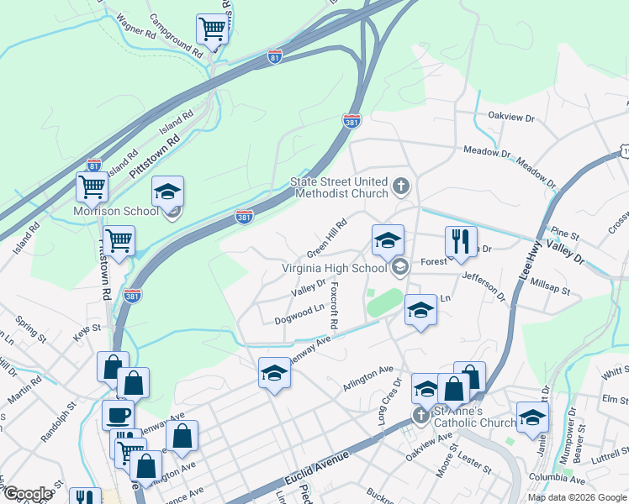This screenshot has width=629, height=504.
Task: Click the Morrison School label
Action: tap(116, 211)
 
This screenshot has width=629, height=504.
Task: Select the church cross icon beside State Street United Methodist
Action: tap(401, 186)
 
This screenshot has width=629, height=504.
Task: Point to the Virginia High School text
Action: tap(333, 269)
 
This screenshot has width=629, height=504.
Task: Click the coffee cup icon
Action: tap(118, 415)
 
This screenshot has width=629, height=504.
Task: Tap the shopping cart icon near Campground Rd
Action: tap(213, 29)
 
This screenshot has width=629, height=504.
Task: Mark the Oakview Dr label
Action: tap(511, 118)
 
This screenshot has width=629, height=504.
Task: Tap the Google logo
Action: tap(27, 494)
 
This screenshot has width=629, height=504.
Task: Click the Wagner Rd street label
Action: tap(138, 27)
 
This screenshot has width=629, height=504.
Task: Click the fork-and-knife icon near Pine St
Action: tap(460, 241)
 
